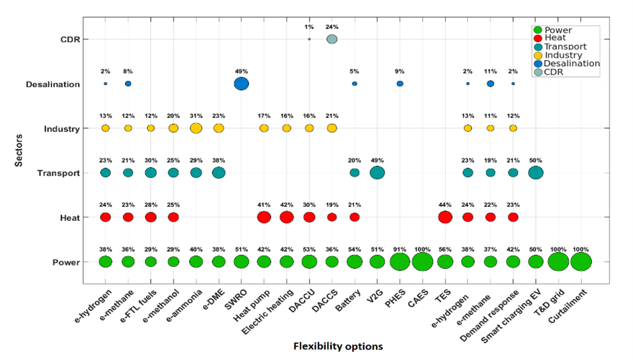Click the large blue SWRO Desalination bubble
pyautogui.click(x=241, y=84)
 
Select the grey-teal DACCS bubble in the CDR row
pyautogui.click(x=332, y=39)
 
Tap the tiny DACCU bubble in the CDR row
pyautogui.click(x=309, y=39)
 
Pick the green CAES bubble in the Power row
pyautogui.click(x=422, y=262)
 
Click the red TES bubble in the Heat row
pyautogui.click(x=445, y=217)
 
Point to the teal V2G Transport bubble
pyautogui.click(x=377, y=173)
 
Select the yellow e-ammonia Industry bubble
pyautogui.click(x=196, y=128)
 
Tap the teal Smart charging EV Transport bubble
pyautogui.click(x=536, y=173)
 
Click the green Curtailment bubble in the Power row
pyautogui.click(x=581, y=262)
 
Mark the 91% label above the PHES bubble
pyautogui.click(x=400, y=249)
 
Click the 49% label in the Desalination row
pyautogui.click(x=241, y=71)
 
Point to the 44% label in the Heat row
pyautogui.click(x=445, y=205)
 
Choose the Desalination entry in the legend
pyautogui.click(x=571, y=63)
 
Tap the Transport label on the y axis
pyautogui.click(x=59, y=173)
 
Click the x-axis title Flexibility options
pyautogui.click(x=338, y=346)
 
